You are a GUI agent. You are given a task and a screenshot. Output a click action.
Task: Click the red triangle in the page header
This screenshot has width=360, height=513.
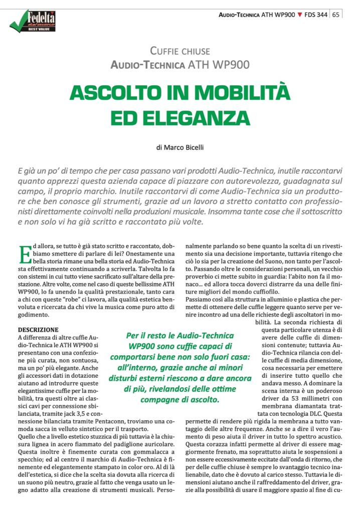pos(300,15)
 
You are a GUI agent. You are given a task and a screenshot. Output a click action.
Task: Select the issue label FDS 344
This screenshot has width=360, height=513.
pos(316,15)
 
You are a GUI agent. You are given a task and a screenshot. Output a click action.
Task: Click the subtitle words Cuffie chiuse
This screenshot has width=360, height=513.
pos(180,50)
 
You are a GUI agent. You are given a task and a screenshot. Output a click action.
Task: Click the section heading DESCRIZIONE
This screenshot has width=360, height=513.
pos(38,330)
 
